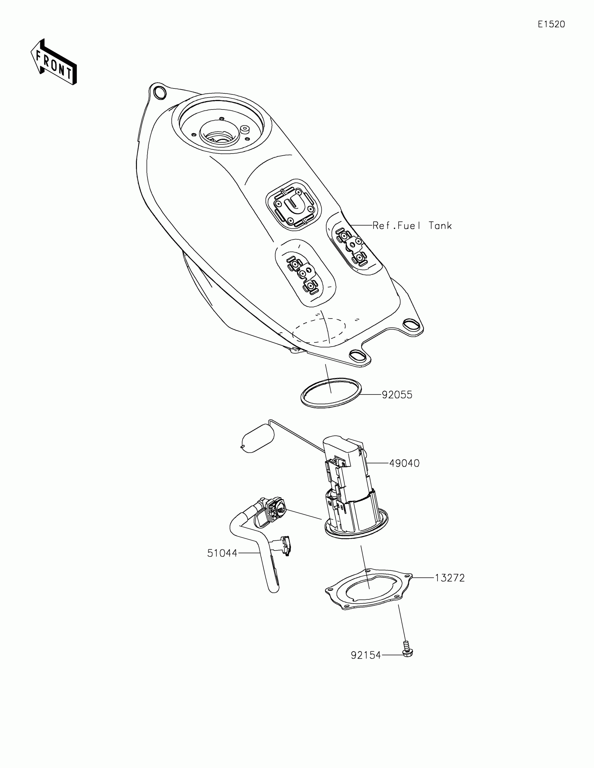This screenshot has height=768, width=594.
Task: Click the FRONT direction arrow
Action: (54, 62)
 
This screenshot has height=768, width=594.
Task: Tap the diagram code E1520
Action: (551, 24)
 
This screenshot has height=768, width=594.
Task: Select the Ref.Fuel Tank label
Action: (412, 226)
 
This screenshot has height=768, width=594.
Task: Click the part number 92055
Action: (397, 395)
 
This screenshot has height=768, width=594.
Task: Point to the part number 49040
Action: (404, 463)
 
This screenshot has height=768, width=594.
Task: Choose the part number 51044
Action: (222, 553)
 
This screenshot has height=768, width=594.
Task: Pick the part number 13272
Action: (450, 578)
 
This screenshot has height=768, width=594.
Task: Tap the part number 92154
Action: (366, 655)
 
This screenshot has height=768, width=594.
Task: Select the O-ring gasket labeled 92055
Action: (331, 393)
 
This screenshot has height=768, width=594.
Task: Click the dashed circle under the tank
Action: (319, 330)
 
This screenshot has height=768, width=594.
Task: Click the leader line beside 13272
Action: (423, 578)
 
